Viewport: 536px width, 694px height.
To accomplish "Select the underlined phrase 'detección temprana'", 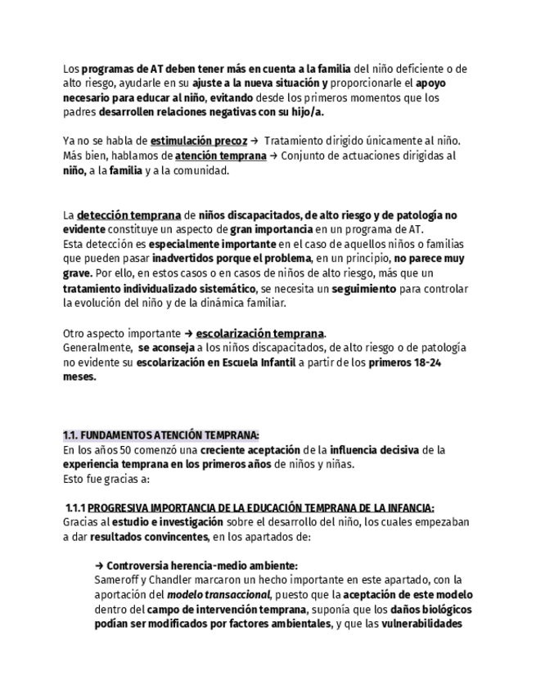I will (x=129, y=215).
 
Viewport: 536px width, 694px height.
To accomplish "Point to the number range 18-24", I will (x=426, y=363).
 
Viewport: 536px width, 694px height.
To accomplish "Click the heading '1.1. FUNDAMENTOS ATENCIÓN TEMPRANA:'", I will (x=161, y=435).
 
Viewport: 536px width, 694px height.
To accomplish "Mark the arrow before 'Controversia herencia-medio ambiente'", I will (x=99, y=566).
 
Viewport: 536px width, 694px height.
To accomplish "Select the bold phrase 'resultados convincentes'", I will (x=149, y=537).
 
